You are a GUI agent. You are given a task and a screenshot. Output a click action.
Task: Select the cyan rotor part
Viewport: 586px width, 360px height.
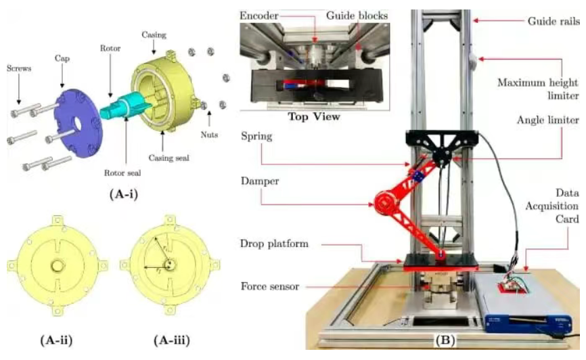[x=122, y=108]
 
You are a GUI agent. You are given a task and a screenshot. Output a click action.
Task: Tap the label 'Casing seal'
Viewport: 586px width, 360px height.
[x=169, y=158]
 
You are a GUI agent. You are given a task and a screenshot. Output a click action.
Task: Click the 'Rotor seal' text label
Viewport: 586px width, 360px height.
[x=122, y=173]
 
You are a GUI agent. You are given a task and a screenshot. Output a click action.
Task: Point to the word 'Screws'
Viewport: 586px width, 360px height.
[x=19, y=68]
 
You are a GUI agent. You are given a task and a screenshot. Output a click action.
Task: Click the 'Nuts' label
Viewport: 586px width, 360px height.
[x=209, y=135]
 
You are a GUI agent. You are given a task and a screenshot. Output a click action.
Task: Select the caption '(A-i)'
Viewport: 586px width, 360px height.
[x=124, y=194]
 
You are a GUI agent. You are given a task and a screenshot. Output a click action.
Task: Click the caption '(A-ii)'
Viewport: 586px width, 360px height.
[x=56, y=340]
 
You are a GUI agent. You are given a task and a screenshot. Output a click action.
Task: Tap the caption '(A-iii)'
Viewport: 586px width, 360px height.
[x=172, y=340]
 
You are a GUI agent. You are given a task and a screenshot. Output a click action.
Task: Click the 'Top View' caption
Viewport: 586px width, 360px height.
[x=314, y=116]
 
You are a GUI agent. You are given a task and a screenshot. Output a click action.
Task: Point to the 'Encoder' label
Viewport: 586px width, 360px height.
[x=259, y=16]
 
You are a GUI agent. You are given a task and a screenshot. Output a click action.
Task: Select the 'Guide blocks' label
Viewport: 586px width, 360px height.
[x=357, y=16]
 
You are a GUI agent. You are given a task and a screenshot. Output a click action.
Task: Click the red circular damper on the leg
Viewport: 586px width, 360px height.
[x=385, y=204]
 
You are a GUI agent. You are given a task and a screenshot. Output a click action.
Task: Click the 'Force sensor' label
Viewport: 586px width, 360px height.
[x=270, y=287]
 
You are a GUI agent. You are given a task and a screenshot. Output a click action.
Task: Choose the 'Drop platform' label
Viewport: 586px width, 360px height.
[x=274, y=244]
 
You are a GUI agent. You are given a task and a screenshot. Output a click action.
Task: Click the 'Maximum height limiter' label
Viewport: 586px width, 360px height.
[x=538, y=89]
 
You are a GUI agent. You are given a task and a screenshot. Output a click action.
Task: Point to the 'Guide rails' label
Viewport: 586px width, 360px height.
[x=554, y=21]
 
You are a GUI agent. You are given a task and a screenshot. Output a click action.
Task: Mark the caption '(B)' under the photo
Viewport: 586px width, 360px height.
[x=445, y=340]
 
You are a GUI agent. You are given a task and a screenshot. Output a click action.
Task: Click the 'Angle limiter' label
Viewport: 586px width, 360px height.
[x=548, y=120]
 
